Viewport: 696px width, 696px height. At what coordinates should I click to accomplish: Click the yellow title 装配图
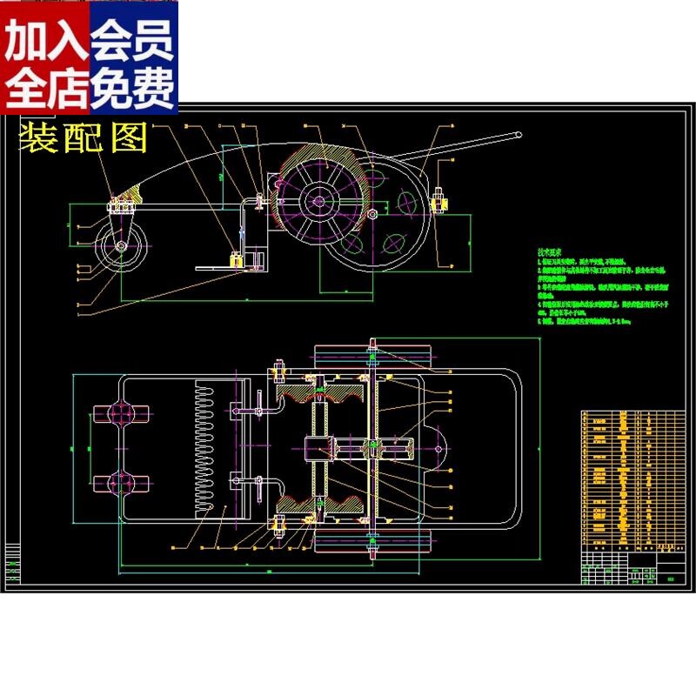coord(84,137)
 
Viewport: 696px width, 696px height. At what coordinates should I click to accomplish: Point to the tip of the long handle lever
coord(519,136)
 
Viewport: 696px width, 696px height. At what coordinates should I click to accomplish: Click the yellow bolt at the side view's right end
coord(440,202)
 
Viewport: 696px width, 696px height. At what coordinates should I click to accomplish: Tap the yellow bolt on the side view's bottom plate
coord(235,259)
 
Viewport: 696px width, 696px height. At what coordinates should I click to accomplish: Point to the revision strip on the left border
coord(13,565)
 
